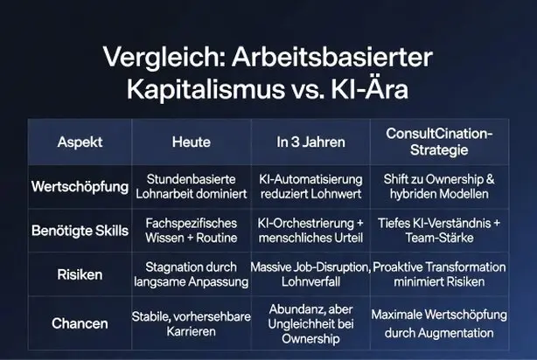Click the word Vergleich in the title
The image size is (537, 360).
[164, 58]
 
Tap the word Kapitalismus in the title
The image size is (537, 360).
[206, 89]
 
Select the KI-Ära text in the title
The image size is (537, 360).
[370, 87]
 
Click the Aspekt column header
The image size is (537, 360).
[80, 142]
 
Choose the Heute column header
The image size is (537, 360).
[192, 142]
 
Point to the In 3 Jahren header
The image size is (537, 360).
[311, 142]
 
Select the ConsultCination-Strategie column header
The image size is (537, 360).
[439, 142]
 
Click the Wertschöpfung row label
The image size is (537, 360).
[80, 187]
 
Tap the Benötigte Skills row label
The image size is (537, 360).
[80, 231]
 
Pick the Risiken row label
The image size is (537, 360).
[80, 274]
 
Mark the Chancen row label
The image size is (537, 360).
[80, 323]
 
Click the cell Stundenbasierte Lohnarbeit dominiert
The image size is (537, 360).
[192, 186]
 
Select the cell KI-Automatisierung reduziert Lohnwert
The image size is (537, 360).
[311, 186]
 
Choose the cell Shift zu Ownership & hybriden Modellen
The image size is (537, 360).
[439, 186]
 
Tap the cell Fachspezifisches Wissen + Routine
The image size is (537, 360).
[192, 231]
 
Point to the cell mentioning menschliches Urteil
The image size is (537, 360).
[310, 231]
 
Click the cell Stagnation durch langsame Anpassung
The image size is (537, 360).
[192, 274]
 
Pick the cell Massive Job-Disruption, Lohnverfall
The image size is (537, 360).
[310, 274]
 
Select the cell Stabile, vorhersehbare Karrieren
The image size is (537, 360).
[192, 323]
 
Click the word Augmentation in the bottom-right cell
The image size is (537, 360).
[456, 333]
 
